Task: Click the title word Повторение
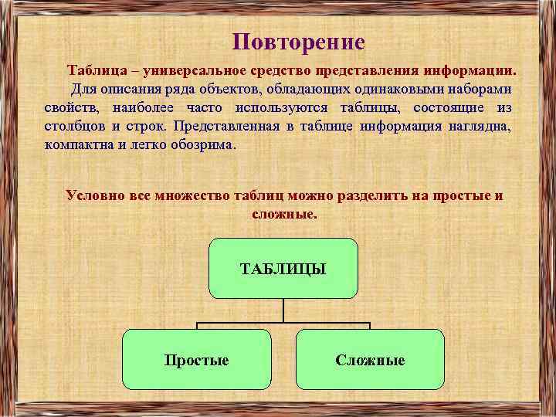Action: pos(298,42)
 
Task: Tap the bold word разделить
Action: pos(340,195)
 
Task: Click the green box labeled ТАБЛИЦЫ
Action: pos(283,268)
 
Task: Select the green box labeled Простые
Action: pos(197,358)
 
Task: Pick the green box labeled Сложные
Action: pos(370,358)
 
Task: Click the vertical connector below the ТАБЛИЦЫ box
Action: pos(283,310)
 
